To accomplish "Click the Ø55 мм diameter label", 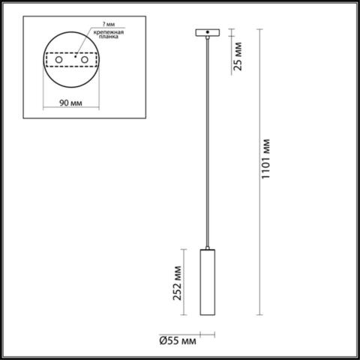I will click(x=178, y=341).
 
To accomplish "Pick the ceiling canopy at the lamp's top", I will click(x=205, y=32).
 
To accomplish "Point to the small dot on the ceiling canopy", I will click(x=205, y=32).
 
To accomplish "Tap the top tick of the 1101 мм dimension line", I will click(x=259, y=29).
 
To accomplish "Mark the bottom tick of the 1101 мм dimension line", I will click(x=259, y=314).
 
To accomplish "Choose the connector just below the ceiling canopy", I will click(x=205, y=38).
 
